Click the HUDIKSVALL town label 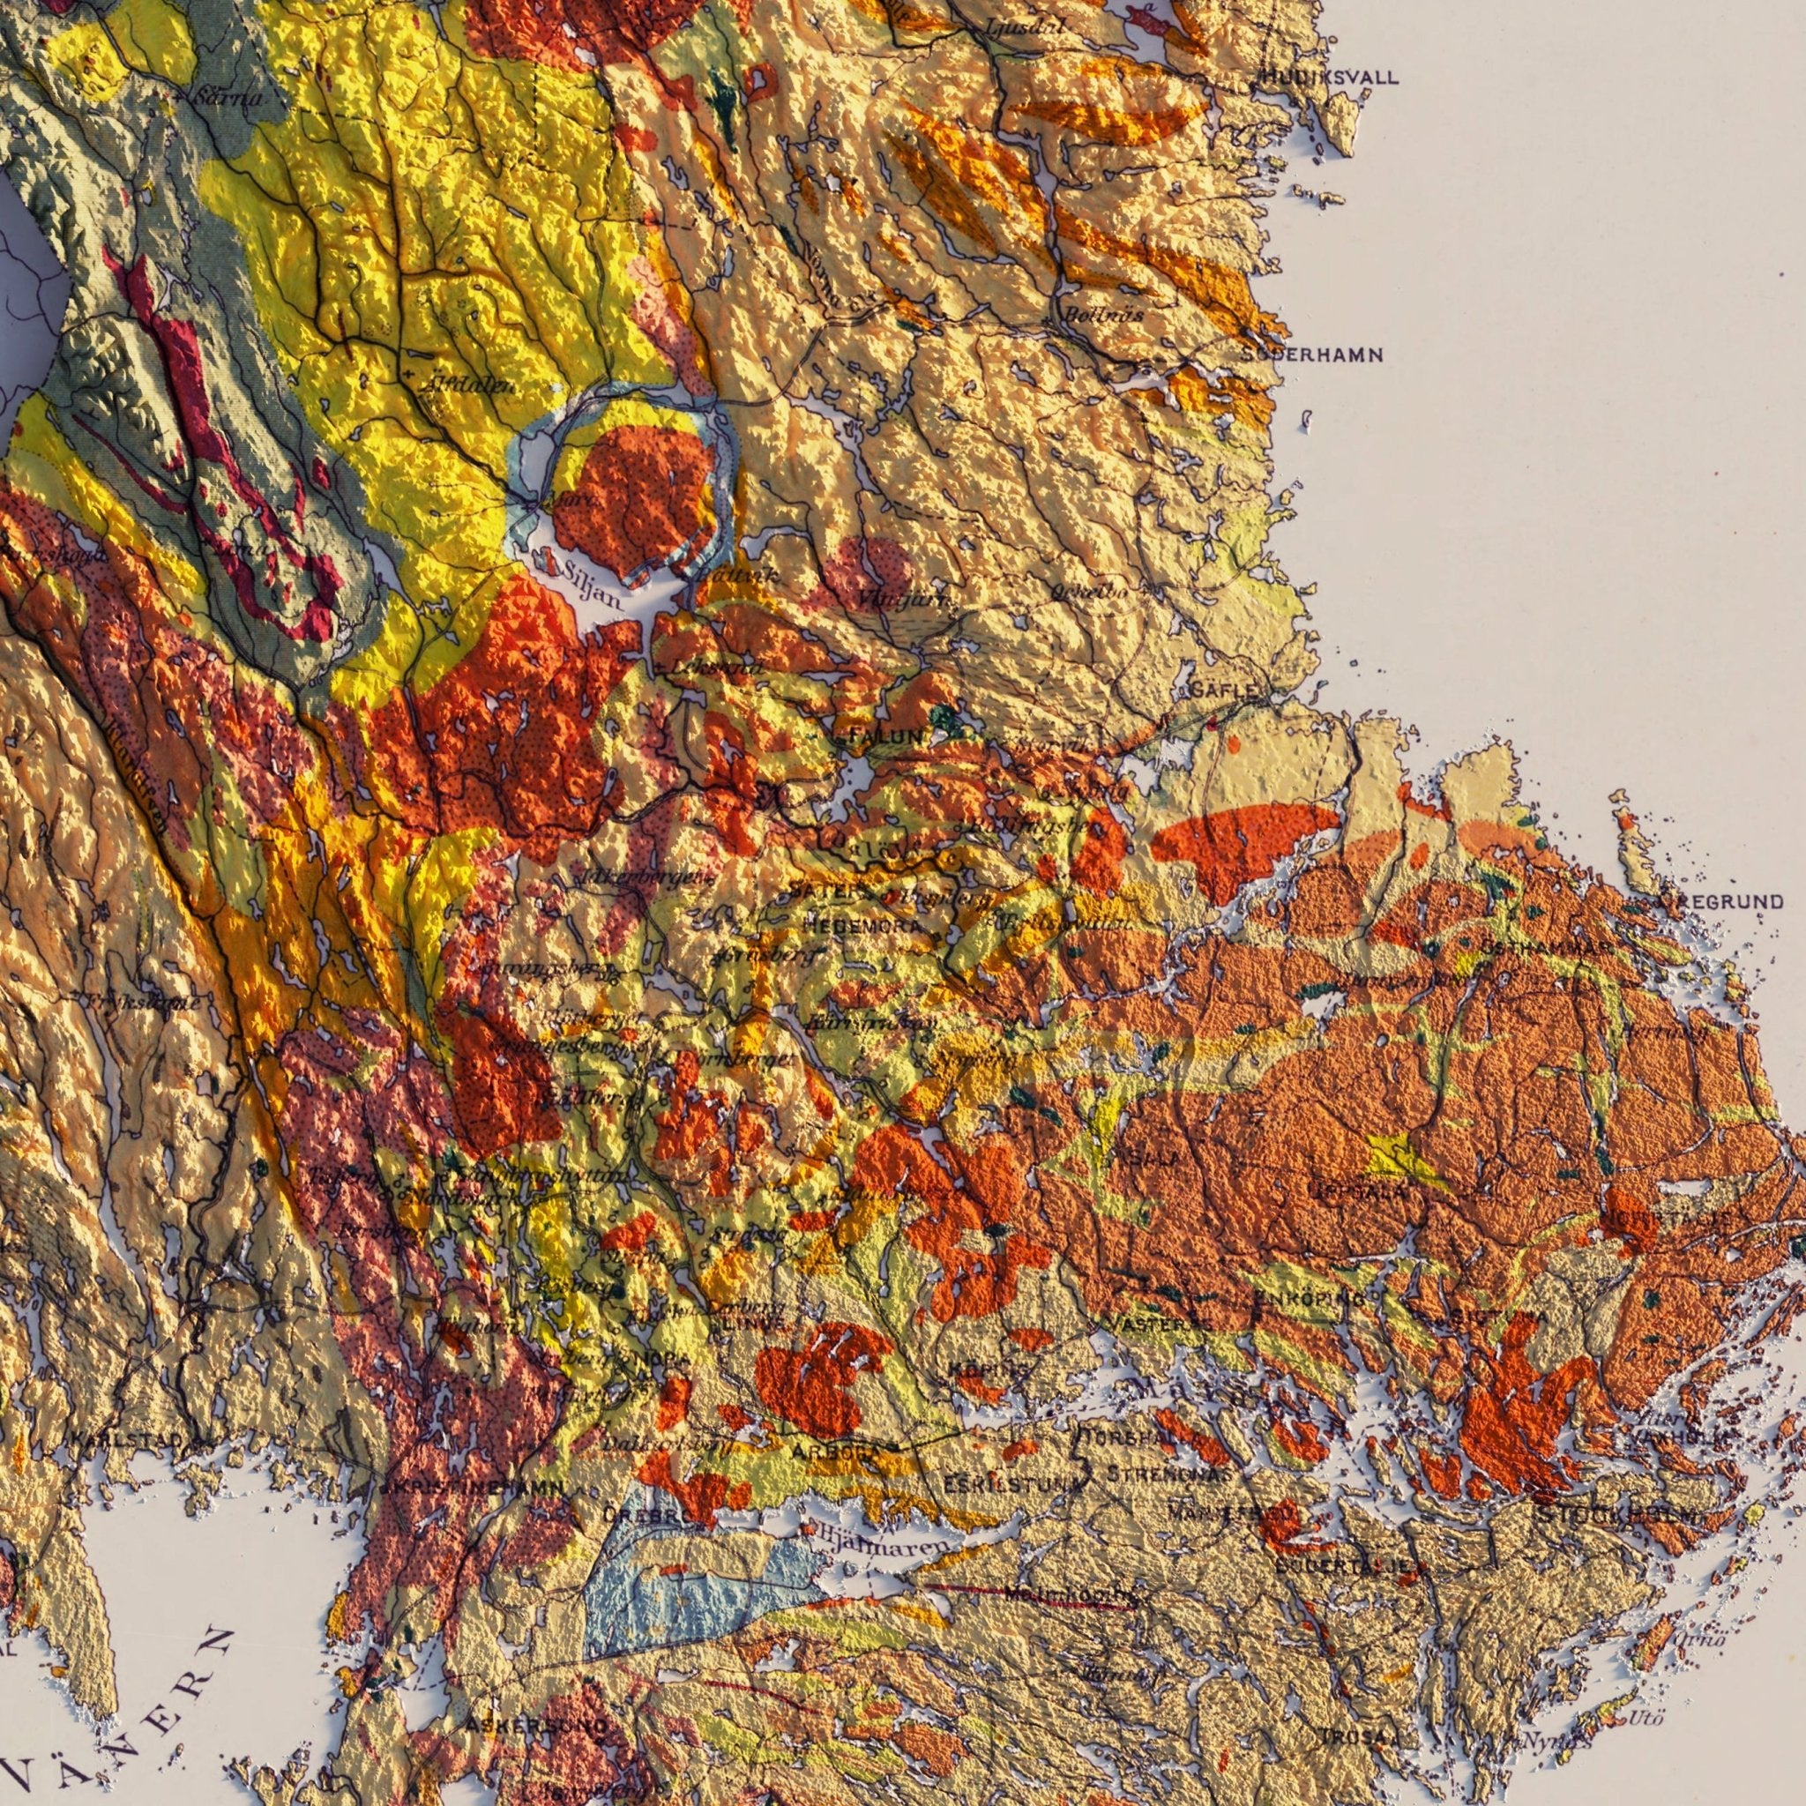[x=1329, y=78]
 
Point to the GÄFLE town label [x=1226, y=690]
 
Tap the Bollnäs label [x=1103, y=315]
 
